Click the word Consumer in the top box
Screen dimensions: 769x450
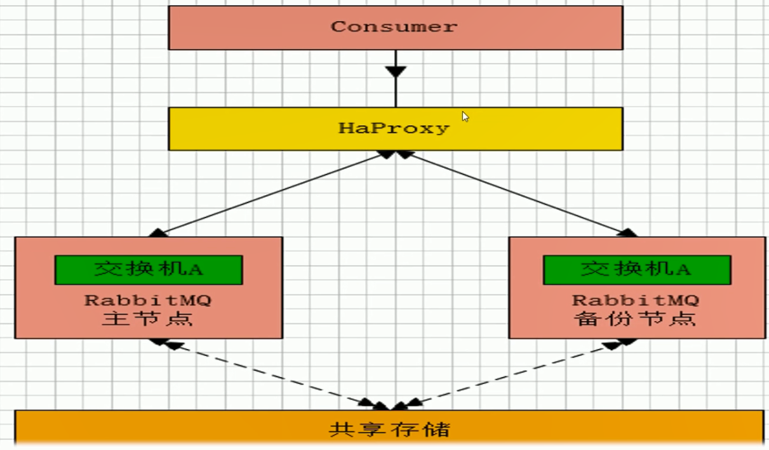click(394, 27)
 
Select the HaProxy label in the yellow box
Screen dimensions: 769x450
click(394, 128)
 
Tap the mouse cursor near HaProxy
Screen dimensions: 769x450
click(465, 116)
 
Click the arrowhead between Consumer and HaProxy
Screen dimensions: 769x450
click(395, 71)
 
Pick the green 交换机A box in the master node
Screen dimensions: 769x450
click(148, 269)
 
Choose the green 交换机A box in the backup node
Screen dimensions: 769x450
click(636, 269)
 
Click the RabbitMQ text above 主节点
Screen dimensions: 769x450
click(147, 300)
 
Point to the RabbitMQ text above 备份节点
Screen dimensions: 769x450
click(635, 300)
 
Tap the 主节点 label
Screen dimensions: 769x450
click(147, 318)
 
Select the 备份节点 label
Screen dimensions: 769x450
click(635, 318)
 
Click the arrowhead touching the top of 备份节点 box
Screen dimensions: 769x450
click(627, 233)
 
